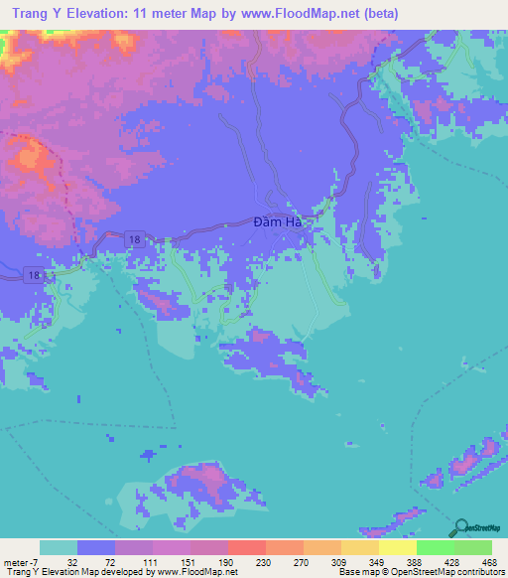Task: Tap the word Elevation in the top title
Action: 102,14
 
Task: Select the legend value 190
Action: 227,561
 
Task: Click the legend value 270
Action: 303,561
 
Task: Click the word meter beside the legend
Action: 16,561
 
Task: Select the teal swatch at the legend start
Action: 58,547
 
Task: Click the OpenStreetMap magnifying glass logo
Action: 459,528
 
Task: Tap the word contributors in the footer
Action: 477,572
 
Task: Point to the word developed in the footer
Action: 123,572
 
